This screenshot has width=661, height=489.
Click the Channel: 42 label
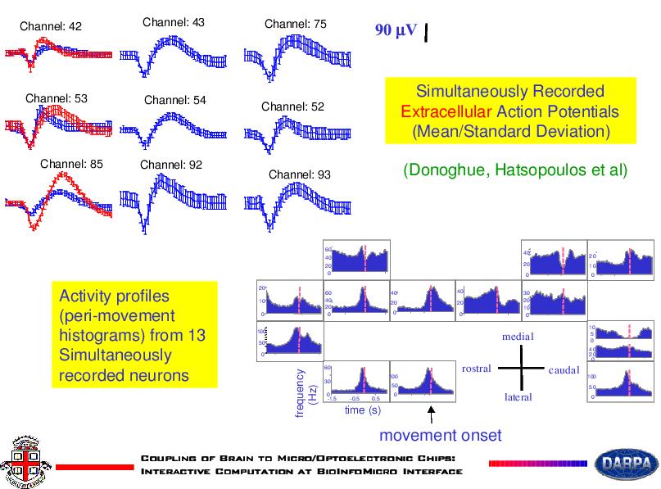pos(51,27)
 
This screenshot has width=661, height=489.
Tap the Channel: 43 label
pos(174,22)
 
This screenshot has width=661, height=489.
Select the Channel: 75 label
pos(296,25)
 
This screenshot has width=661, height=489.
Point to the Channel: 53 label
pos(57,98)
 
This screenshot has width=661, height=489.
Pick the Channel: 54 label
pos(175,101)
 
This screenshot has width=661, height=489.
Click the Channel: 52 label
pos(293,106)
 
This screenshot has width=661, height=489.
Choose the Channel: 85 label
pos(72,163)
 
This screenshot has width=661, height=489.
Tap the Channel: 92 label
pos(171,165)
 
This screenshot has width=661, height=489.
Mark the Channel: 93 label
pos(300,174)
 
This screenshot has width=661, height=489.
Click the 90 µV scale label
pos(396,31)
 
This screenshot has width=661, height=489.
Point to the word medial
pos(518,337)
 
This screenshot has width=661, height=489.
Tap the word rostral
pos(477,369)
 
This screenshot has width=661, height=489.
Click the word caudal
pos(564,370)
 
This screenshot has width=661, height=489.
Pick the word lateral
pos(518,397)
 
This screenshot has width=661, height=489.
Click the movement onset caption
pos(440,434)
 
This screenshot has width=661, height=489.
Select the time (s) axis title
pos(363,409)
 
